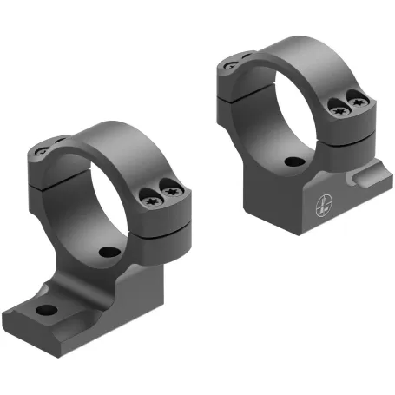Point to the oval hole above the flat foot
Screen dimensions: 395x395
[109, 252]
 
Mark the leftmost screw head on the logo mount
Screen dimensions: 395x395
[229, 63]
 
